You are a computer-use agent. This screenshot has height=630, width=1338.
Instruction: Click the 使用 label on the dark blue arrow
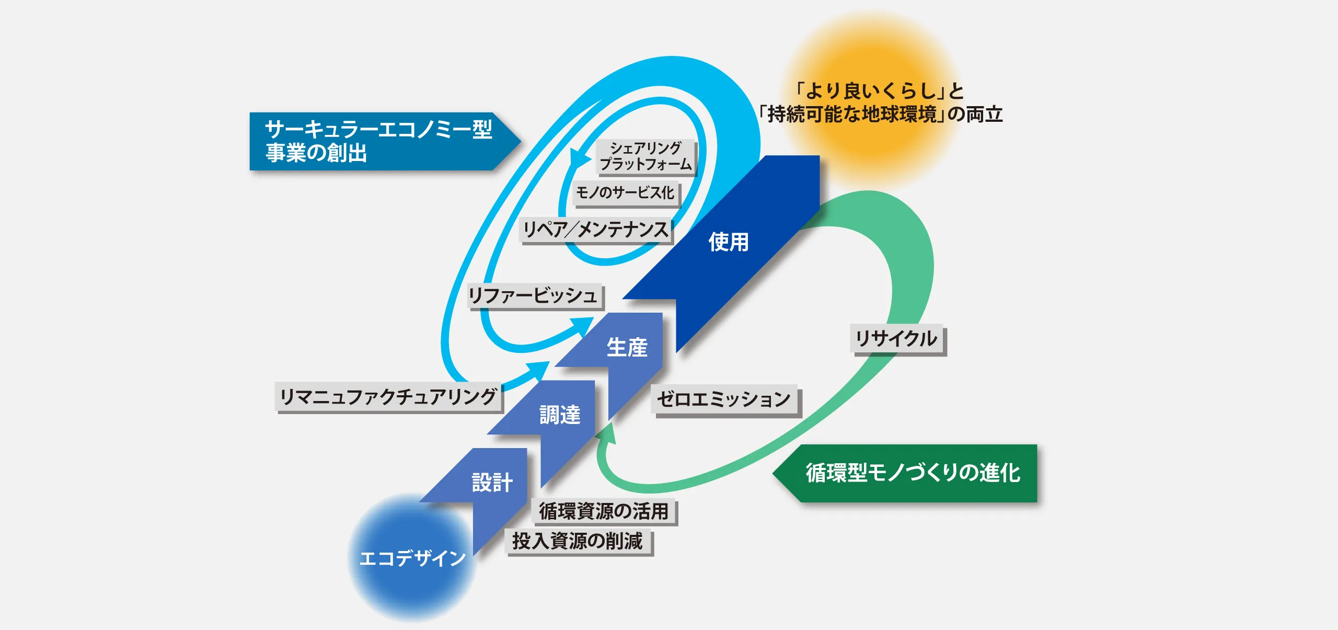coord(729,242)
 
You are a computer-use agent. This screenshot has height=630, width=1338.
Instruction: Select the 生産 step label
coord(627,348)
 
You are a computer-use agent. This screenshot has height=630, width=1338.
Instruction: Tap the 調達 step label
coord(560,415)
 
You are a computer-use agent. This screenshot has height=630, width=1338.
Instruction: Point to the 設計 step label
coord(492,483)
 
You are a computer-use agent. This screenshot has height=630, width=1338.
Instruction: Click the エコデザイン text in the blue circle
coord(412,558)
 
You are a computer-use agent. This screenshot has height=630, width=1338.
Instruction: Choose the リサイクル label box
coord(897,339)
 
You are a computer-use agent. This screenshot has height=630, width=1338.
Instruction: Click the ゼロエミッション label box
coord(724,399)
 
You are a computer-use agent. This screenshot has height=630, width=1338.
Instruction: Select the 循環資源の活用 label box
coord(604,511)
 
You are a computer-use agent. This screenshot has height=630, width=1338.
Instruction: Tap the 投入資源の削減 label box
coord(578,541)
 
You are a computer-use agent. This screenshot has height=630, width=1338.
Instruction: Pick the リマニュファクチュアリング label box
coord(388,397)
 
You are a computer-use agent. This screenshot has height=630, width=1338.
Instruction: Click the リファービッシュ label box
coord(534,296)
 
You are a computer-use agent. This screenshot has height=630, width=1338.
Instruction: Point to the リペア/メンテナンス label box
coord(596,230)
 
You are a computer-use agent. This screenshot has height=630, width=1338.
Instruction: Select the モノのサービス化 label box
coord(625,193)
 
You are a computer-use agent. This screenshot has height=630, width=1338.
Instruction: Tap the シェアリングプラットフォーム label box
coord(646,156)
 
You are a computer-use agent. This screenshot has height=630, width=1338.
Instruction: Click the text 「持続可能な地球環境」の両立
coord(881,114)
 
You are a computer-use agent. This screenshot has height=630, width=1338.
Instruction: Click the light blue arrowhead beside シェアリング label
coord(578,157)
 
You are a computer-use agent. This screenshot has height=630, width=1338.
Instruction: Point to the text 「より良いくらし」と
coord(879,91)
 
